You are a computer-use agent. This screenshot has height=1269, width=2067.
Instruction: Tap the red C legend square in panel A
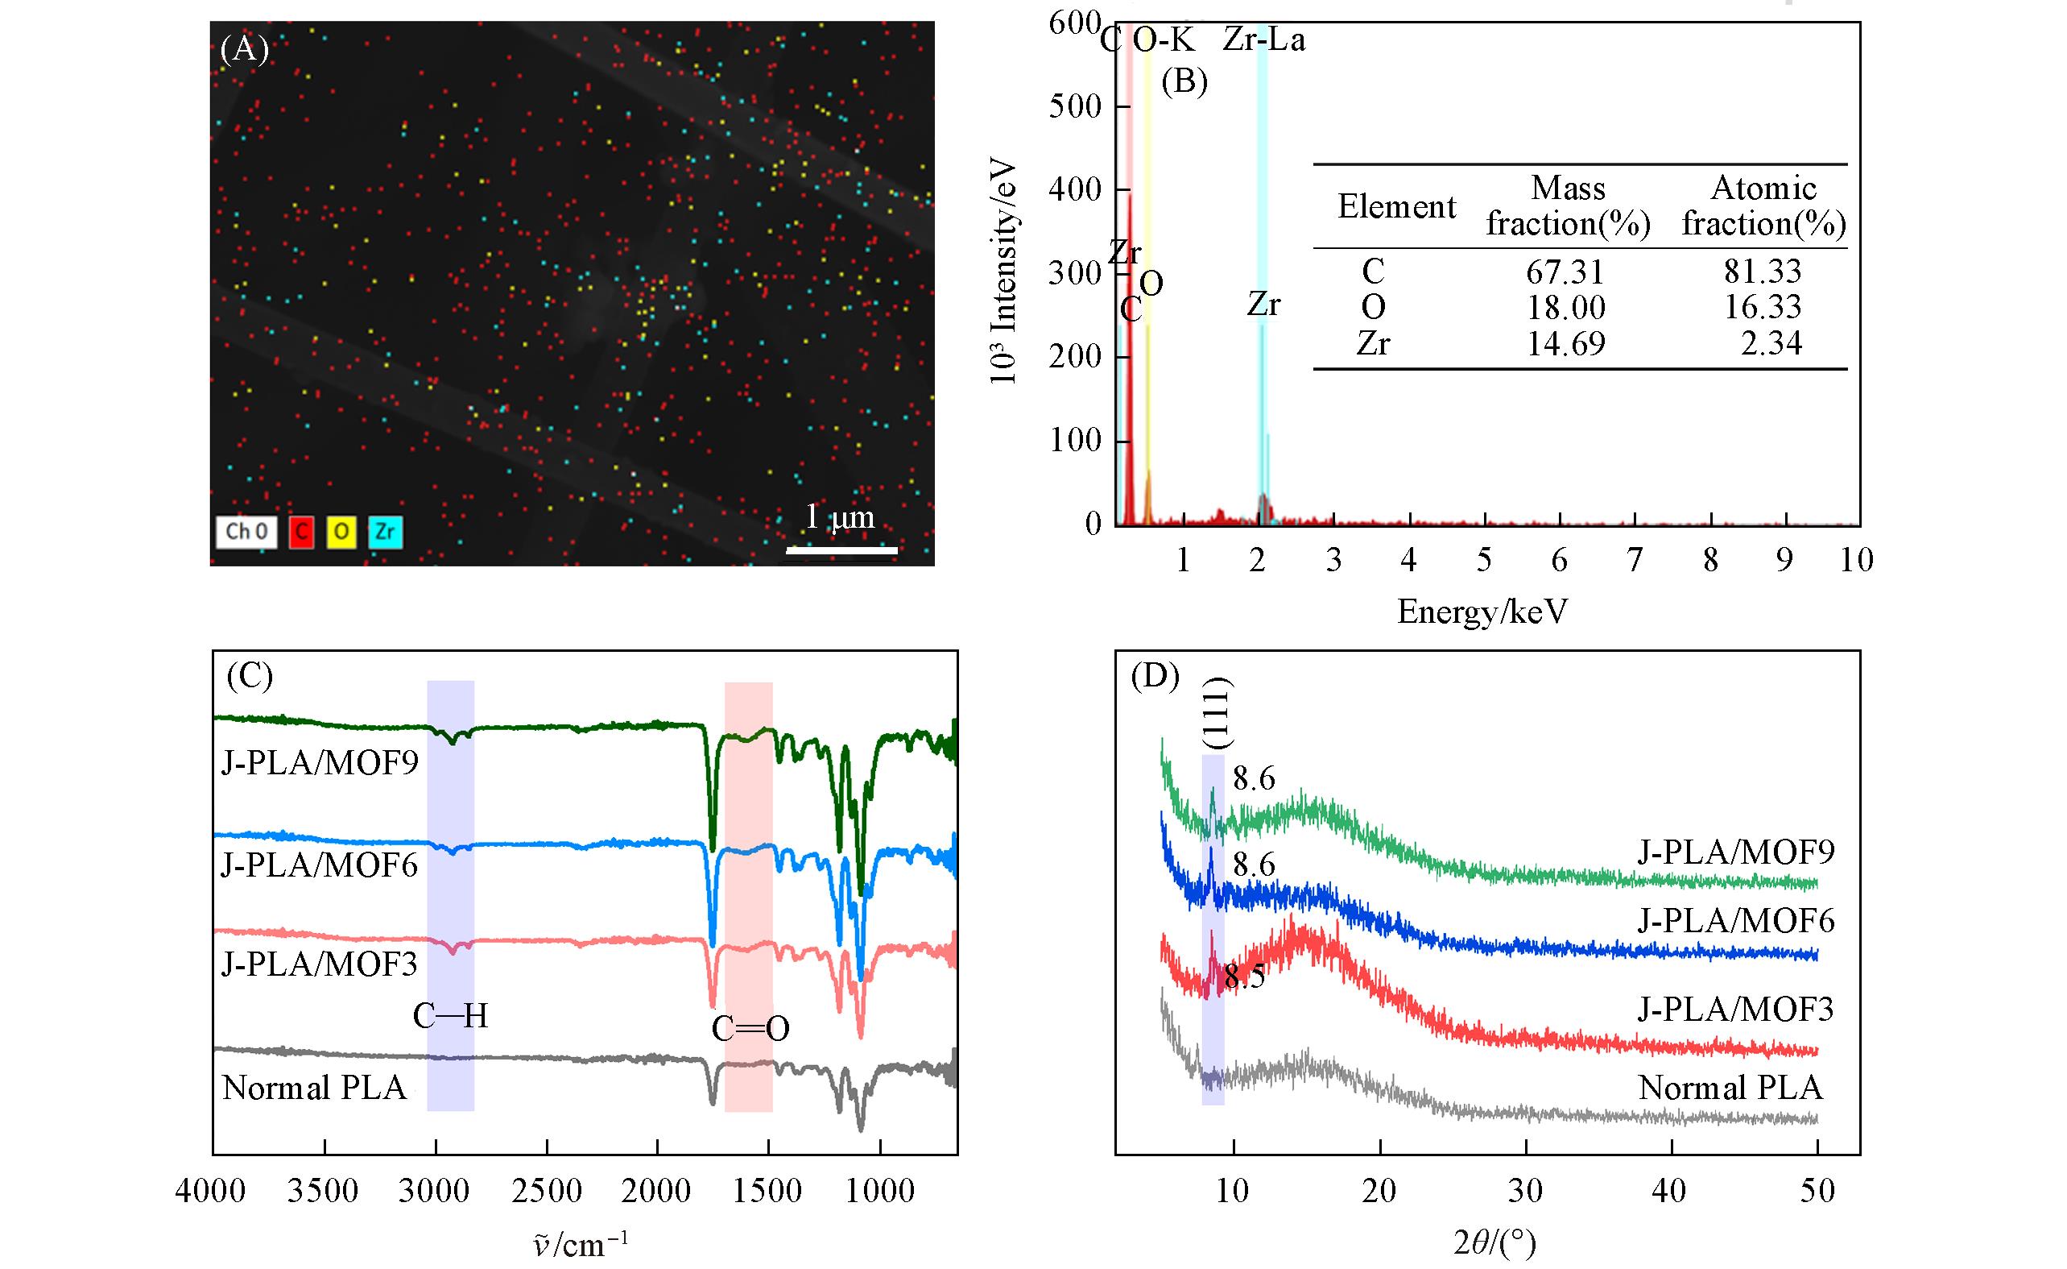coord(301,531)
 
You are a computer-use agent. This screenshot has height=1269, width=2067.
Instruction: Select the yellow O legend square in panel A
coord(342,531)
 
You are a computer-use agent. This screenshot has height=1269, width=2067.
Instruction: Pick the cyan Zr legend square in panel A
coord(385,531)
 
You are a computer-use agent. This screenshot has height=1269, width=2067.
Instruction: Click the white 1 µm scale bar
coord(841,550)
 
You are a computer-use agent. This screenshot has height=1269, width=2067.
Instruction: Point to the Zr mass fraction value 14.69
coord(1565,344)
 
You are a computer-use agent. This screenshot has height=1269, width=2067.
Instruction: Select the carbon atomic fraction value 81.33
coord(1763,271)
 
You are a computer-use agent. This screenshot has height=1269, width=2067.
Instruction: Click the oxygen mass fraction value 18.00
coord(1565,308)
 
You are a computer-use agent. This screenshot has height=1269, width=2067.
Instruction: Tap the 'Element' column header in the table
coord(1397,206)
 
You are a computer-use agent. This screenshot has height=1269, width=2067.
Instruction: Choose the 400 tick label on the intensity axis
coord(1075,189)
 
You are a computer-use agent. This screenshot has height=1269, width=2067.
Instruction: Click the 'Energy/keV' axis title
coord(1482,612)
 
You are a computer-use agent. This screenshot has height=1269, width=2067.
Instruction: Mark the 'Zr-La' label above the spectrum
coord(1263,39)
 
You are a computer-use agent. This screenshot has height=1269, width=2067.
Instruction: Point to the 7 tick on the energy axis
coord(1634,560)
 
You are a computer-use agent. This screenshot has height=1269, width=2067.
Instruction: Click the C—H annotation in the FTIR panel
coord(449,1017)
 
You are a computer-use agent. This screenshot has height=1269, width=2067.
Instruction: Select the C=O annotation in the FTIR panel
coord(750,1029)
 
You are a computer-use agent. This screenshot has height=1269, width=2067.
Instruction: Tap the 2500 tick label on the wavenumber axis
coord(546,1191)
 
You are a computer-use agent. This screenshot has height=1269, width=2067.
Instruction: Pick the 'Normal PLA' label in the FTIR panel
coord(315,1089)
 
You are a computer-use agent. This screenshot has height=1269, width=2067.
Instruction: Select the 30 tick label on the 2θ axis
coord(1525,1191)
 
